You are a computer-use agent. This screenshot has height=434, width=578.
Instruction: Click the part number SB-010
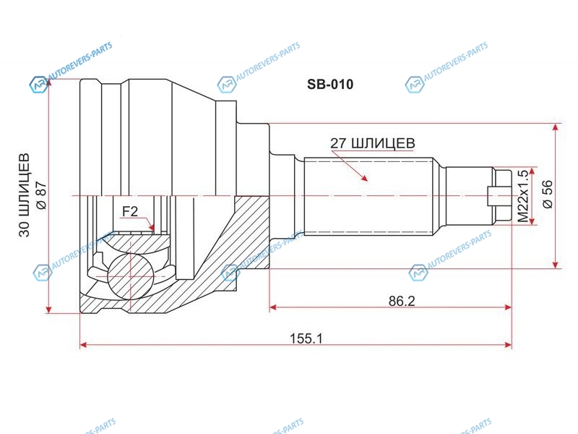[x=330, y=85]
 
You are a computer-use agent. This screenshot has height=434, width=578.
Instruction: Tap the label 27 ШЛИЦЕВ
[x=372, y=142]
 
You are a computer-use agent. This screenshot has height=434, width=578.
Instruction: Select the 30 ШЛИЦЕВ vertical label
[x=25, y=195]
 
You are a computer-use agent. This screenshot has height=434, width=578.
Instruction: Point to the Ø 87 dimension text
[x=41, y=195]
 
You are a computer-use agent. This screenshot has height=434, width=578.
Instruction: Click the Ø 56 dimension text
[x=548, y=194]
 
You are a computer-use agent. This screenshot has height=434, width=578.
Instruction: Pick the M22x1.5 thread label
[x=523, y=196]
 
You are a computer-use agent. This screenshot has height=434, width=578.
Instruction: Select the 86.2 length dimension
[x=402, y=301]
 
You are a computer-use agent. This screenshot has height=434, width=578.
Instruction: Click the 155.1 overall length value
[x=306, y=338]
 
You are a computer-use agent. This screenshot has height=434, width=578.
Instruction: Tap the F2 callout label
[x=130, y=211]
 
